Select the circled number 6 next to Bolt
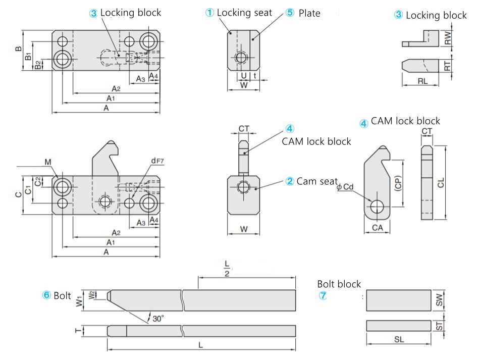pyautogui.click(x=45, y=296)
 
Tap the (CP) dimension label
pyautogui.click(x=398, y=184)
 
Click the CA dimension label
pyautogui.click(x=377, y=228)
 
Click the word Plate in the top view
pyautogui.click(x=309, y=13)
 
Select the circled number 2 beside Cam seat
pyautogui.click(x=290, y=181)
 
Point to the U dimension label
pyautogui.click(x=244, y=75)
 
